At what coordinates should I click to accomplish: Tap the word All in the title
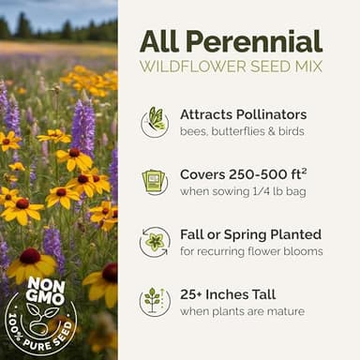coord(161,41)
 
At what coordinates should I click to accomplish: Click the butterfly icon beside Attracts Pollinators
coord(155,122)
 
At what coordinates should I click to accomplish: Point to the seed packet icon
coord(155,182)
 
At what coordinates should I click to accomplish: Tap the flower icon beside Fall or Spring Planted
coord(155,242)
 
